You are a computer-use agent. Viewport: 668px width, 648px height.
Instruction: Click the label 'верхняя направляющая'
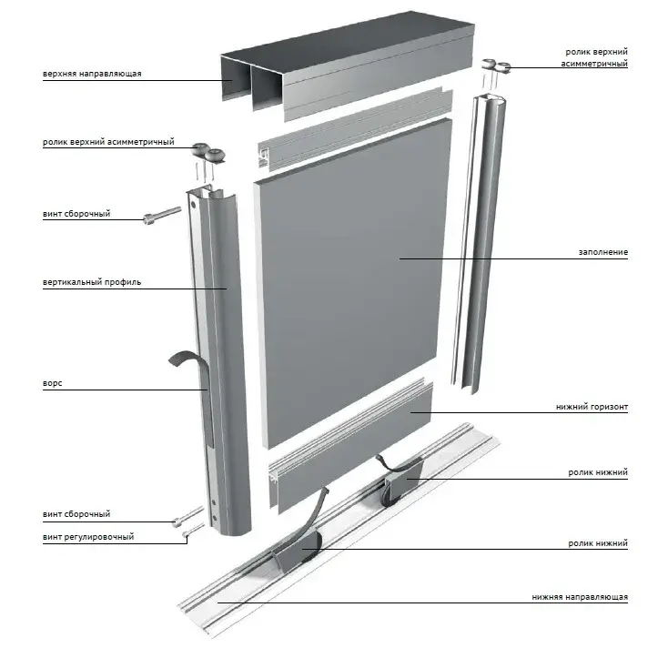[92, 74]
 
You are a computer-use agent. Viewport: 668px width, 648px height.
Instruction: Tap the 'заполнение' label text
[602, 252]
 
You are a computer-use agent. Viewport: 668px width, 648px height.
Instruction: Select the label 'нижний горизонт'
[592, 407]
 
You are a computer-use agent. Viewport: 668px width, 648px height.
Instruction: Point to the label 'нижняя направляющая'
[580, 597]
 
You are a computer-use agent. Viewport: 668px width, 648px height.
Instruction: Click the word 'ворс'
[53, 383]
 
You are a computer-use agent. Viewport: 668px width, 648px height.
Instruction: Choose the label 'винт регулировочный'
[88, 537]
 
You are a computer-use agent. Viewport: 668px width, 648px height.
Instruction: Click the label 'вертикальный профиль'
[92, 282]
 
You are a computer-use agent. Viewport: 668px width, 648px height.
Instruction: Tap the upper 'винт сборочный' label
[76, 214]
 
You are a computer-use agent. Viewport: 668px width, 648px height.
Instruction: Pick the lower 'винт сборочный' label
[76, 514]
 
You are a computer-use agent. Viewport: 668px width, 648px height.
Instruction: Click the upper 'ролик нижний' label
[598, 472]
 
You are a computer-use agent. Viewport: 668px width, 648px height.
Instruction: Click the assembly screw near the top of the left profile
[162, 215]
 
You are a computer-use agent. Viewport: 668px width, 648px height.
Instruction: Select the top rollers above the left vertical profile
[207, 154]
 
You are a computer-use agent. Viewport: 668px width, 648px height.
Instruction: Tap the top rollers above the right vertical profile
[496, 65]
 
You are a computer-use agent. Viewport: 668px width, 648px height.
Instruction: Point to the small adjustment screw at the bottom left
[193, 531]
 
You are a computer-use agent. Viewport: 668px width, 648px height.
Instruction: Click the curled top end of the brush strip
[182, 359]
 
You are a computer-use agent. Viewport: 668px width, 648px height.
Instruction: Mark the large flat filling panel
[353, 283]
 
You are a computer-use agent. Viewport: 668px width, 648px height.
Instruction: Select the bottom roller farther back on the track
[401, 481]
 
